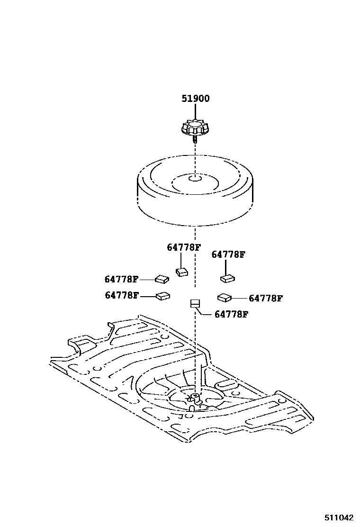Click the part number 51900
(196, 99)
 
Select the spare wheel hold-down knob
(195, 128)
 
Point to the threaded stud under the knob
(195, 139)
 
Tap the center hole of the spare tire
(195, 178)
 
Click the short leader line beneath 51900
(195, 112)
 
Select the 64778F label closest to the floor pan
(231, 314)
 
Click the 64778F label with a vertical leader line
(183, 247)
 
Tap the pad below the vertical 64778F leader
(182, 272)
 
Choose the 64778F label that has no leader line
(228, 254)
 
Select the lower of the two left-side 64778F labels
(122, 295)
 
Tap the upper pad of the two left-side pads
(162, 279)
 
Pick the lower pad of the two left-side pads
(163, 296)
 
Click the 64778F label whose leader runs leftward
(266, 298)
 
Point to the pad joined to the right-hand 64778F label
(224, 298)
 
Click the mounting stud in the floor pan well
(194, 396)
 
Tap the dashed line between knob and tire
(195, 156)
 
